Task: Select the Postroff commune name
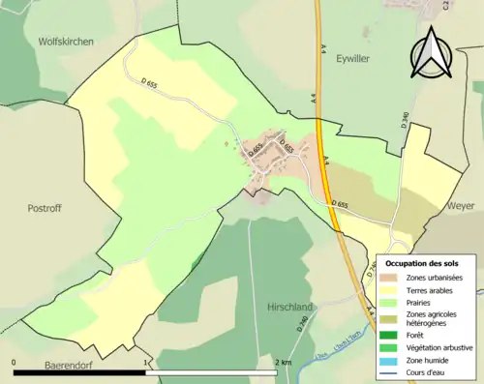(45, 207)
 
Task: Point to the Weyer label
(460, 207)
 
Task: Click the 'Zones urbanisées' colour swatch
(391, 279)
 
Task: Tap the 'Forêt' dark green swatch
(391, 336)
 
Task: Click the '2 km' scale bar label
(282, 362)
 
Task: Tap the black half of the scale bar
(79, 357)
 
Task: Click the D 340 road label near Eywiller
(405, 123)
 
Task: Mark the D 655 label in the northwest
(148, 85)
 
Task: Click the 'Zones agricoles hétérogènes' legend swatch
(391, 318)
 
